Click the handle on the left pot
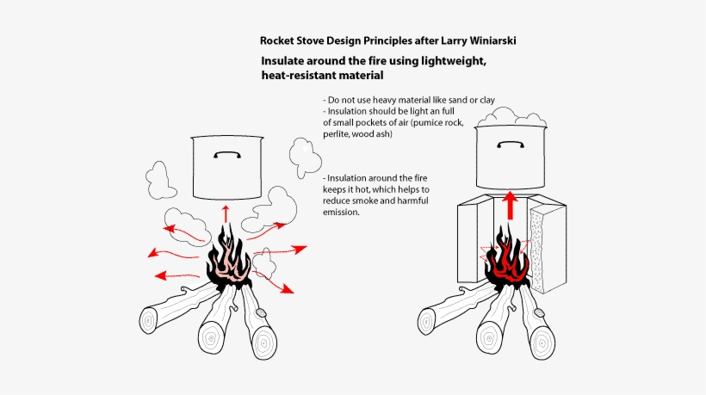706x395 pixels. pos(226,156)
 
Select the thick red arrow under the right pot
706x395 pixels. pos(511,206)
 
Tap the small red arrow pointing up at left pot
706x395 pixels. pos(226,213)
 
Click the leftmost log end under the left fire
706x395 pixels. pos(148,322)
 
